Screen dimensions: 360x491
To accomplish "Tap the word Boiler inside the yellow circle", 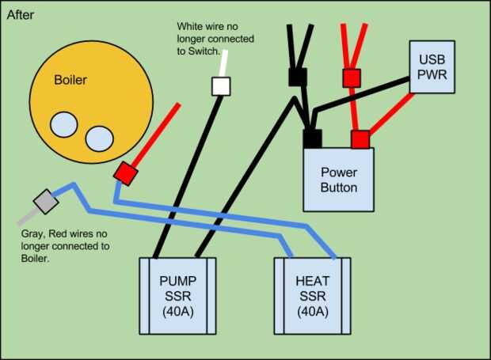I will (x=70, y=81).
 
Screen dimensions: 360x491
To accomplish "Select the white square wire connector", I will (x=220, y=86).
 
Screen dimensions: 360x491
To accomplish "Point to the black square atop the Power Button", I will (x=312, y=138).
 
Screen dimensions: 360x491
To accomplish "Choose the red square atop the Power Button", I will (x=360, y=138).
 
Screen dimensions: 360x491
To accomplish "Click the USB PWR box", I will (x=432, y=66).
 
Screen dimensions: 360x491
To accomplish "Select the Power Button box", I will (x=338, y=180).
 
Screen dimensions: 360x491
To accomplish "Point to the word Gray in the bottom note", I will (x=36, y=234).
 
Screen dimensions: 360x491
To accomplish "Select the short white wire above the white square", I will (x=225, y=63).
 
